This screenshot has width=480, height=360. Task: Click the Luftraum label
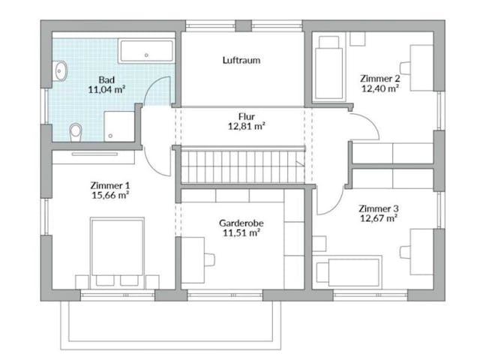(241, 60)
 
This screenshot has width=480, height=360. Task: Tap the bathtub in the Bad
(146, 51)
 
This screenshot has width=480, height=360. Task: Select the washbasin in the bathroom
(60, 70)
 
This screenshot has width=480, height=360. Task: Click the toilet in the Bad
(76, 132)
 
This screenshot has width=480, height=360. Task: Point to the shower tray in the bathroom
(119, 126)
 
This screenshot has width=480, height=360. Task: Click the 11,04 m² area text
(106, 90)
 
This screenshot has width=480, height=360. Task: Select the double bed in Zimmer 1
(117, 253)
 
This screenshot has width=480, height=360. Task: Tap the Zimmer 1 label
(110, 185)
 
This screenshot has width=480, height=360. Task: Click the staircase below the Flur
(243, 166)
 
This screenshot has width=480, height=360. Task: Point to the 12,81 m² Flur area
(247, 126)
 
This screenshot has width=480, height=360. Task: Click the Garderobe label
(241, 223)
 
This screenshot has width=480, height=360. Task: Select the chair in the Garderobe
(209, 259)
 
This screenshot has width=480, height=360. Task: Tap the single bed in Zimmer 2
(329, 68)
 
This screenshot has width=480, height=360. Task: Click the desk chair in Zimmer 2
(405, 68)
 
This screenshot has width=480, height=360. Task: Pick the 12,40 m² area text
(380, 88)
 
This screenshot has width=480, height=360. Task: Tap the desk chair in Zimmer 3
(405, 252)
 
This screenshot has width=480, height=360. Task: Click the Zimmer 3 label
(379, 208)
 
